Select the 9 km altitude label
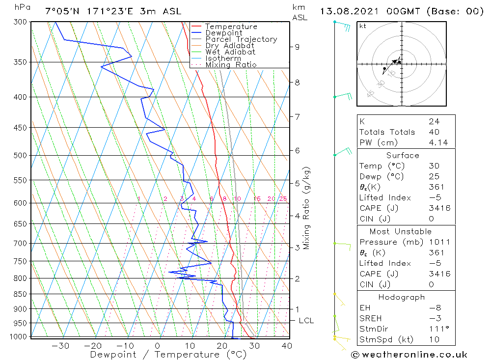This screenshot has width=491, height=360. [x=297, y=47]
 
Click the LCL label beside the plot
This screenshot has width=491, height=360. [x=306, y=321]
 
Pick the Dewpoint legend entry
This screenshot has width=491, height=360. [x=223, y=33]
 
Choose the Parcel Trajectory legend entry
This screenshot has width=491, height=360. [x=241, y=39]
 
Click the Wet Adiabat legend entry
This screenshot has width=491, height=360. [x=230, y=52]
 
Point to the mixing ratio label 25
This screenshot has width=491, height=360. [x=283, y=199]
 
